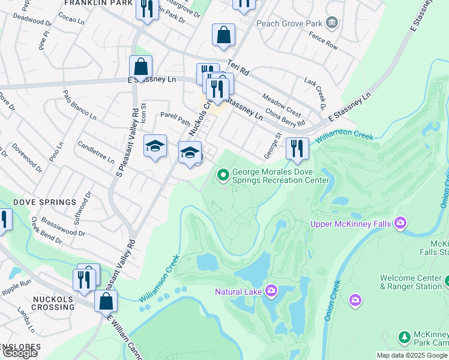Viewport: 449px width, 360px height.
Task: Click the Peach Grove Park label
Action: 289,24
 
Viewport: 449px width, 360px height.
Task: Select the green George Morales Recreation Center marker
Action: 223,175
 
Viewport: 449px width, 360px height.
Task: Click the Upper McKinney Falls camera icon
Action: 400,224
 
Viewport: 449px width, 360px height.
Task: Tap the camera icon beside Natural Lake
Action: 271,291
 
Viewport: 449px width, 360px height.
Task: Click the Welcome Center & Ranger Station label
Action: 411,282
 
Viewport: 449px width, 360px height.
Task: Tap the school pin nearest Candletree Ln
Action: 155,147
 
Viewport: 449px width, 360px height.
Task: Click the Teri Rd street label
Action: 238,67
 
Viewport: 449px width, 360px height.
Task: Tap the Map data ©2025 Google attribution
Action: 412,355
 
